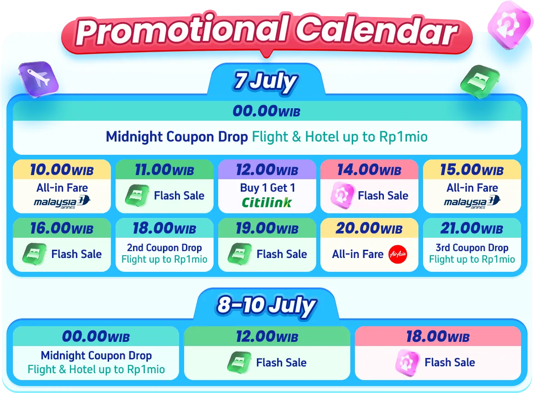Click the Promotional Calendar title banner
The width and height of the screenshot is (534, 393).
267,33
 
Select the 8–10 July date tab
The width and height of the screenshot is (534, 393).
267,305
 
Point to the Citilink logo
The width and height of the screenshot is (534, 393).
267,202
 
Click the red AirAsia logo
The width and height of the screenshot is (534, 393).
398,254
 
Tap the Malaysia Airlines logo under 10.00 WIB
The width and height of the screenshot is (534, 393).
62,201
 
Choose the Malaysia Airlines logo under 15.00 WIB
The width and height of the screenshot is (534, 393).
472,201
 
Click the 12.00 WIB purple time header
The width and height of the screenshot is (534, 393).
267,170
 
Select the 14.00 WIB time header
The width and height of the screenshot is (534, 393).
369,170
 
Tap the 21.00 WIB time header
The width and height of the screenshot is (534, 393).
472,228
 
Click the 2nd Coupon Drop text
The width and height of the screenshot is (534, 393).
164,247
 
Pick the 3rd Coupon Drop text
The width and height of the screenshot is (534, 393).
472,247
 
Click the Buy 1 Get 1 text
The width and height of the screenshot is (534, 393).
267,188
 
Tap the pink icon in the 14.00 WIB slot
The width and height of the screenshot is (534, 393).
342,196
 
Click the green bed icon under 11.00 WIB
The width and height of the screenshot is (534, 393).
137,195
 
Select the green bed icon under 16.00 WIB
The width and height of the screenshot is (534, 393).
35,254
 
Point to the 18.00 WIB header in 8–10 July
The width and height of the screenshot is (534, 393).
438,336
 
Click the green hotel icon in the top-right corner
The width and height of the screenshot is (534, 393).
480,82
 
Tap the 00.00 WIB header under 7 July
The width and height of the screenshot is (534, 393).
267,111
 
